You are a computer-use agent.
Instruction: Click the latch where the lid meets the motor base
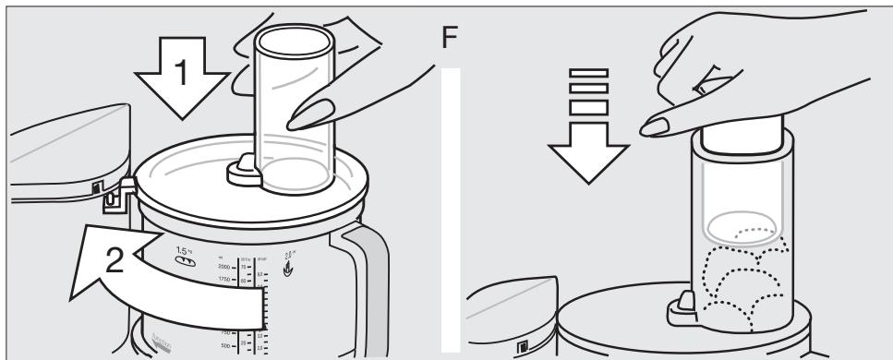116,195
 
